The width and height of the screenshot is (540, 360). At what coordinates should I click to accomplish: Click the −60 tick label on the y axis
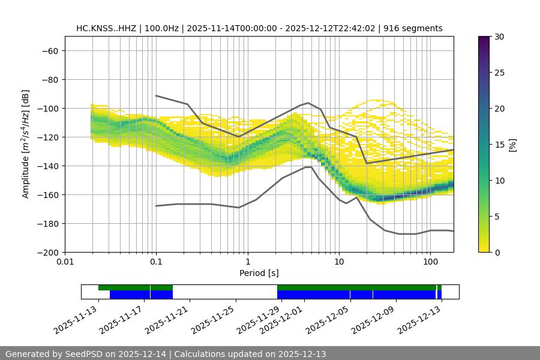49,50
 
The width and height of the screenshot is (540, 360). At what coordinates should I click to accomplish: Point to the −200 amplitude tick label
47,252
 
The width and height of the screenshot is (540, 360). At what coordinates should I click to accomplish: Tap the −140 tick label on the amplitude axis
47,166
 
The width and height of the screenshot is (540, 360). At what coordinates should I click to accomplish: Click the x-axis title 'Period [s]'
259,273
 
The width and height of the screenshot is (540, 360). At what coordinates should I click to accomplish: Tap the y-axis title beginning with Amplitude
26,145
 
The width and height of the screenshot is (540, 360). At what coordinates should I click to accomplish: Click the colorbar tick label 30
499,37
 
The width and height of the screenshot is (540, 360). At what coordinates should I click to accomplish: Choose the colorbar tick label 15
499,145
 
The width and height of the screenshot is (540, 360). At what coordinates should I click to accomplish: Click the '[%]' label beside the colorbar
512,145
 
